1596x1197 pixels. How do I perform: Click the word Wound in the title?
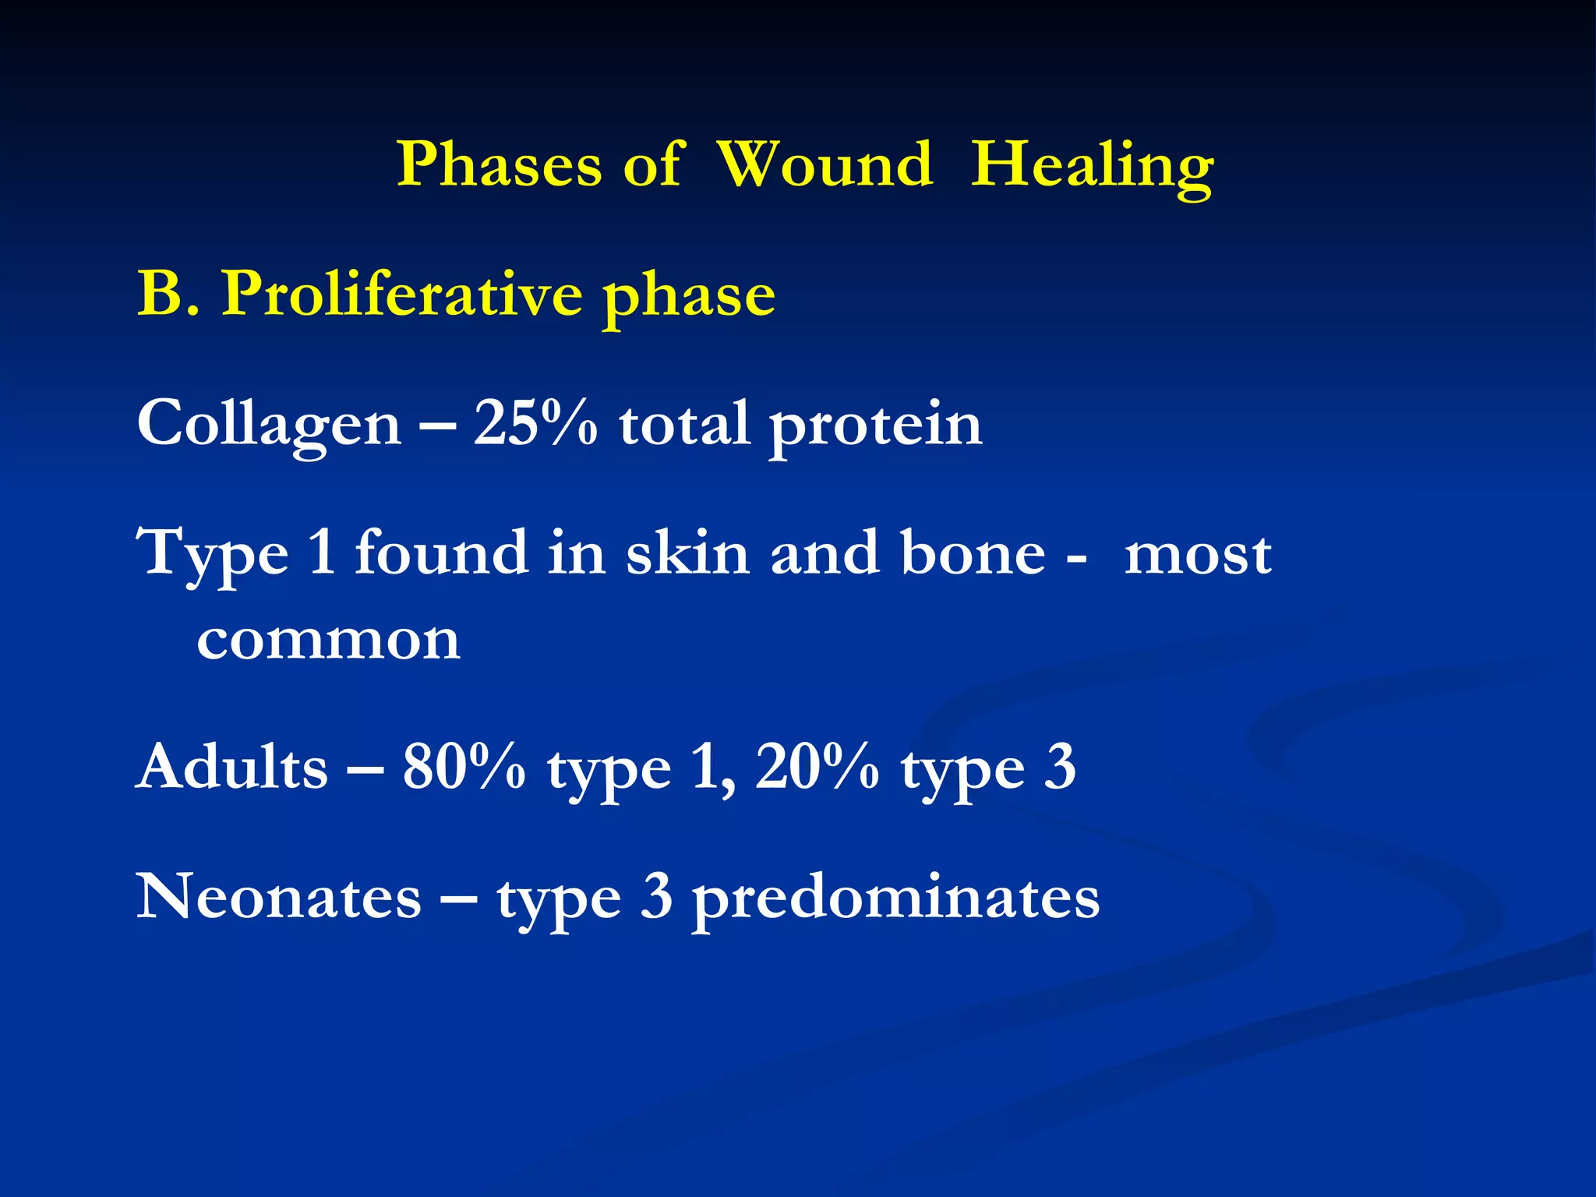coord(824,165)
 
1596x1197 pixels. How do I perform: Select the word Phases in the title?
coord(499,165)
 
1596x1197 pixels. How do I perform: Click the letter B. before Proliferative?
coord(168,295)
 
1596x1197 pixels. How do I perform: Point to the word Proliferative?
coord(402,295)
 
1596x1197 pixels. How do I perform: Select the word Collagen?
coord(269,425)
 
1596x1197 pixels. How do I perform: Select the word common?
coord(328,641)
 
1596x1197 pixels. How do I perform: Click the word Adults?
coord(232,768)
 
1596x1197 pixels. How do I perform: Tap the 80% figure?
coord(464,768)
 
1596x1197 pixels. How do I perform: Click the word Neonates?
coord(279,897)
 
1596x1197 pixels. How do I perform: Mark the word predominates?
coord(896,899)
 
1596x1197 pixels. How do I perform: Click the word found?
coord(441,553)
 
